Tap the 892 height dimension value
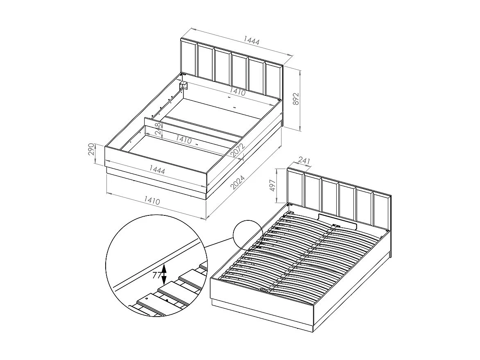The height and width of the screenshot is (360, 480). coord(296,100)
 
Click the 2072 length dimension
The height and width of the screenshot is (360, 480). coord(238,151)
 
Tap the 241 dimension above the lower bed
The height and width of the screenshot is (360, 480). coord(304,161)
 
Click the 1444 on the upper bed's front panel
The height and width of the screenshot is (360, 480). coord(157,169)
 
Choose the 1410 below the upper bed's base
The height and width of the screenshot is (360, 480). coord(152,200)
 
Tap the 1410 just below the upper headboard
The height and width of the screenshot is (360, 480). coord(237,93)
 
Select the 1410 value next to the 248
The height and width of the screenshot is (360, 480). coord(183,139)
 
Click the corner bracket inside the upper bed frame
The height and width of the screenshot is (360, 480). coord(184,86)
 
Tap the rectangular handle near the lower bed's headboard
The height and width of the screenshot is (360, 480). coord(337,221)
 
